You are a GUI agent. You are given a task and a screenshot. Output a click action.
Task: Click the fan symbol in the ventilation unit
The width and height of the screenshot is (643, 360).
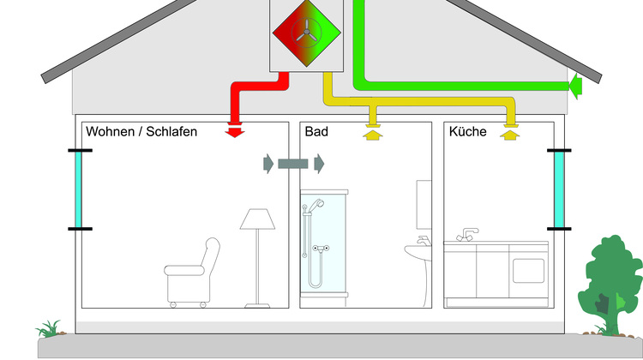pos(306,31)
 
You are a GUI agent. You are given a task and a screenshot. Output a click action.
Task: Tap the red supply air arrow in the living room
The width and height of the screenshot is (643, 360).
pos(234,132)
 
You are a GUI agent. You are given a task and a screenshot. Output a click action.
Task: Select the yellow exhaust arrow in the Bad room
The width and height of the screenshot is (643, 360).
pos(371,133)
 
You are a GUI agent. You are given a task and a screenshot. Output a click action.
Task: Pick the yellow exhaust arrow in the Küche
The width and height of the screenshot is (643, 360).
pos(512,133)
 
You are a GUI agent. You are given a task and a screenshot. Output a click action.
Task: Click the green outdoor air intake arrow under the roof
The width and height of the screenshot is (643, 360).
pos(575,85)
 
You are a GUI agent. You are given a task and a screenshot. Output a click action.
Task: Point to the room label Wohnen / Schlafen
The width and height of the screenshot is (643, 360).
pos(141,132)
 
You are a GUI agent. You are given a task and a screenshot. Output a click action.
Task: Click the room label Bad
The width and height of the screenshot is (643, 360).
pos(315,132)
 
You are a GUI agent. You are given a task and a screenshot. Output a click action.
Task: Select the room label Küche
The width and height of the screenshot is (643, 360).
pos(467,132)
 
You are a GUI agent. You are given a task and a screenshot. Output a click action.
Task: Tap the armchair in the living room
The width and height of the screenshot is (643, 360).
pos(190,273)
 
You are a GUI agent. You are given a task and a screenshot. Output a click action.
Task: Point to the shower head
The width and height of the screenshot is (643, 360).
pos(316,206)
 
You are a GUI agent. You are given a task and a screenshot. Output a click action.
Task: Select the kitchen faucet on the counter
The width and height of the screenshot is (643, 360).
pos(468,234)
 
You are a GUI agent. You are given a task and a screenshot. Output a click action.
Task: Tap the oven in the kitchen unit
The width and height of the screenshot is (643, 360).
pos(529,265)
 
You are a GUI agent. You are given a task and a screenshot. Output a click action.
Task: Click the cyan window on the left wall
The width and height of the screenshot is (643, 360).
pos(80,190)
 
